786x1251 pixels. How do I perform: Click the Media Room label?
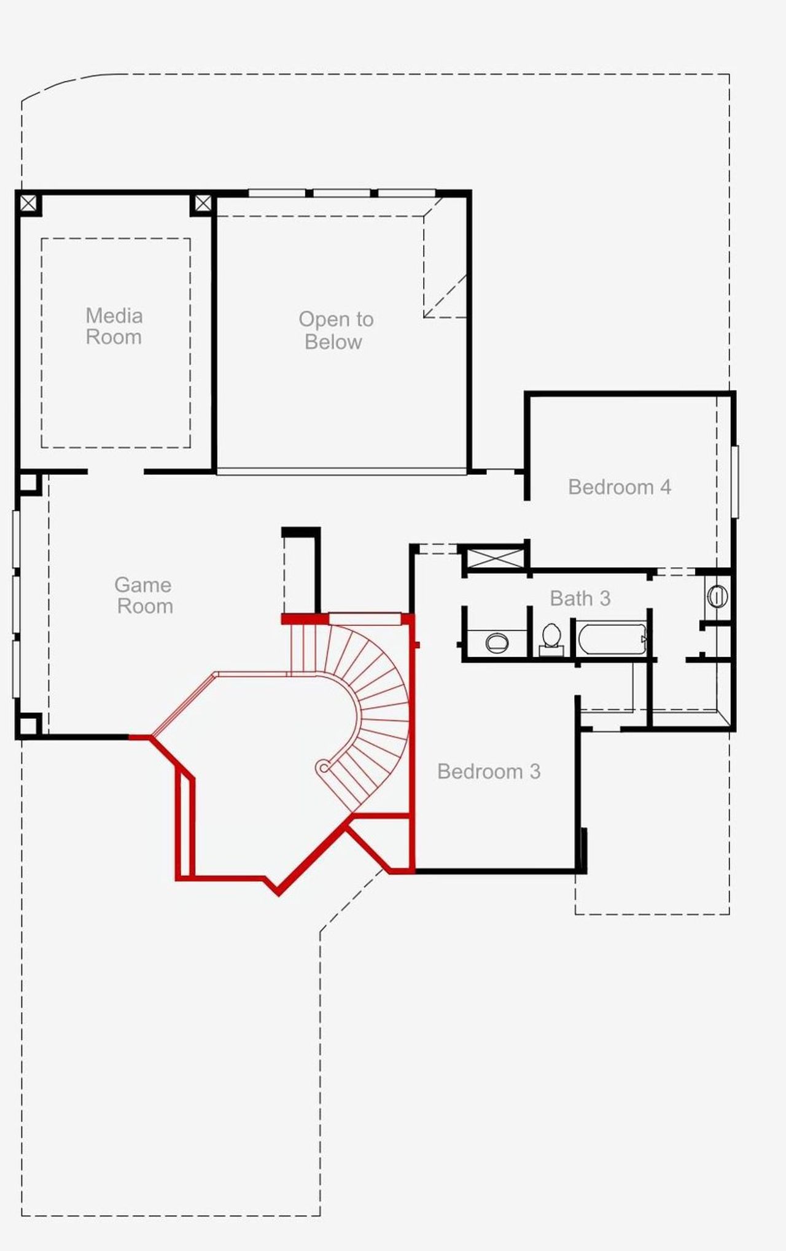click(114, 326)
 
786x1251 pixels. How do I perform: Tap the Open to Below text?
click(335, 330)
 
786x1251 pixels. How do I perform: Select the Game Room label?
click(144, 595)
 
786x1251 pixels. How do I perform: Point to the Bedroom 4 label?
click(619, 487)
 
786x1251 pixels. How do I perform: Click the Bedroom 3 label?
click(489, 771)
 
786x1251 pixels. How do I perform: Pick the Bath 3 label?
click(580, 598)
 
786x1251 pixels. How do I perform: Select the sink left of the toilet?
click(496, 642)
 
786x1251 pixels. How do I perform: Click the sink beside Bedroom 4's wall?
click(717, 596)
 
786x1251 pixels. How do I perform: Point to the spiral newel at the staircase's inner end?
click(324, 766)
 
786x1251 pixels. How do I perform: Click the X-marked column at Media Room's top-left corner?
click(28, 203)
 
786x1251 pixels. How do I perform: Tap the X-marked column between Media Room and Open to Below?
click(203, 203)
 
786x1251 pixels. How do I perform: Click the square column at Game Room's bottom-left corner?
click(28, 726)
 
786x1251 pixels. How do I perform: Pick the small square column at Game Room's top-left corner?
click(28, 482)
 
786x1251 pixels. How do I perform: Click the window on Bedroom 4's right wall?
click(734, 482)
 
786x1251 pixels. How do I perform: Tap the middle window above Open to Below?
click(342, 193)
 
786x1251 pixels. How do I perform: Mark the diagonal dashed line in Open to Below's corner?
click(445, 297)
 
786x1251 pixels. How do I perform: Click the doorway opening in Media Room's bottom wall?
click(115, 472)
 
